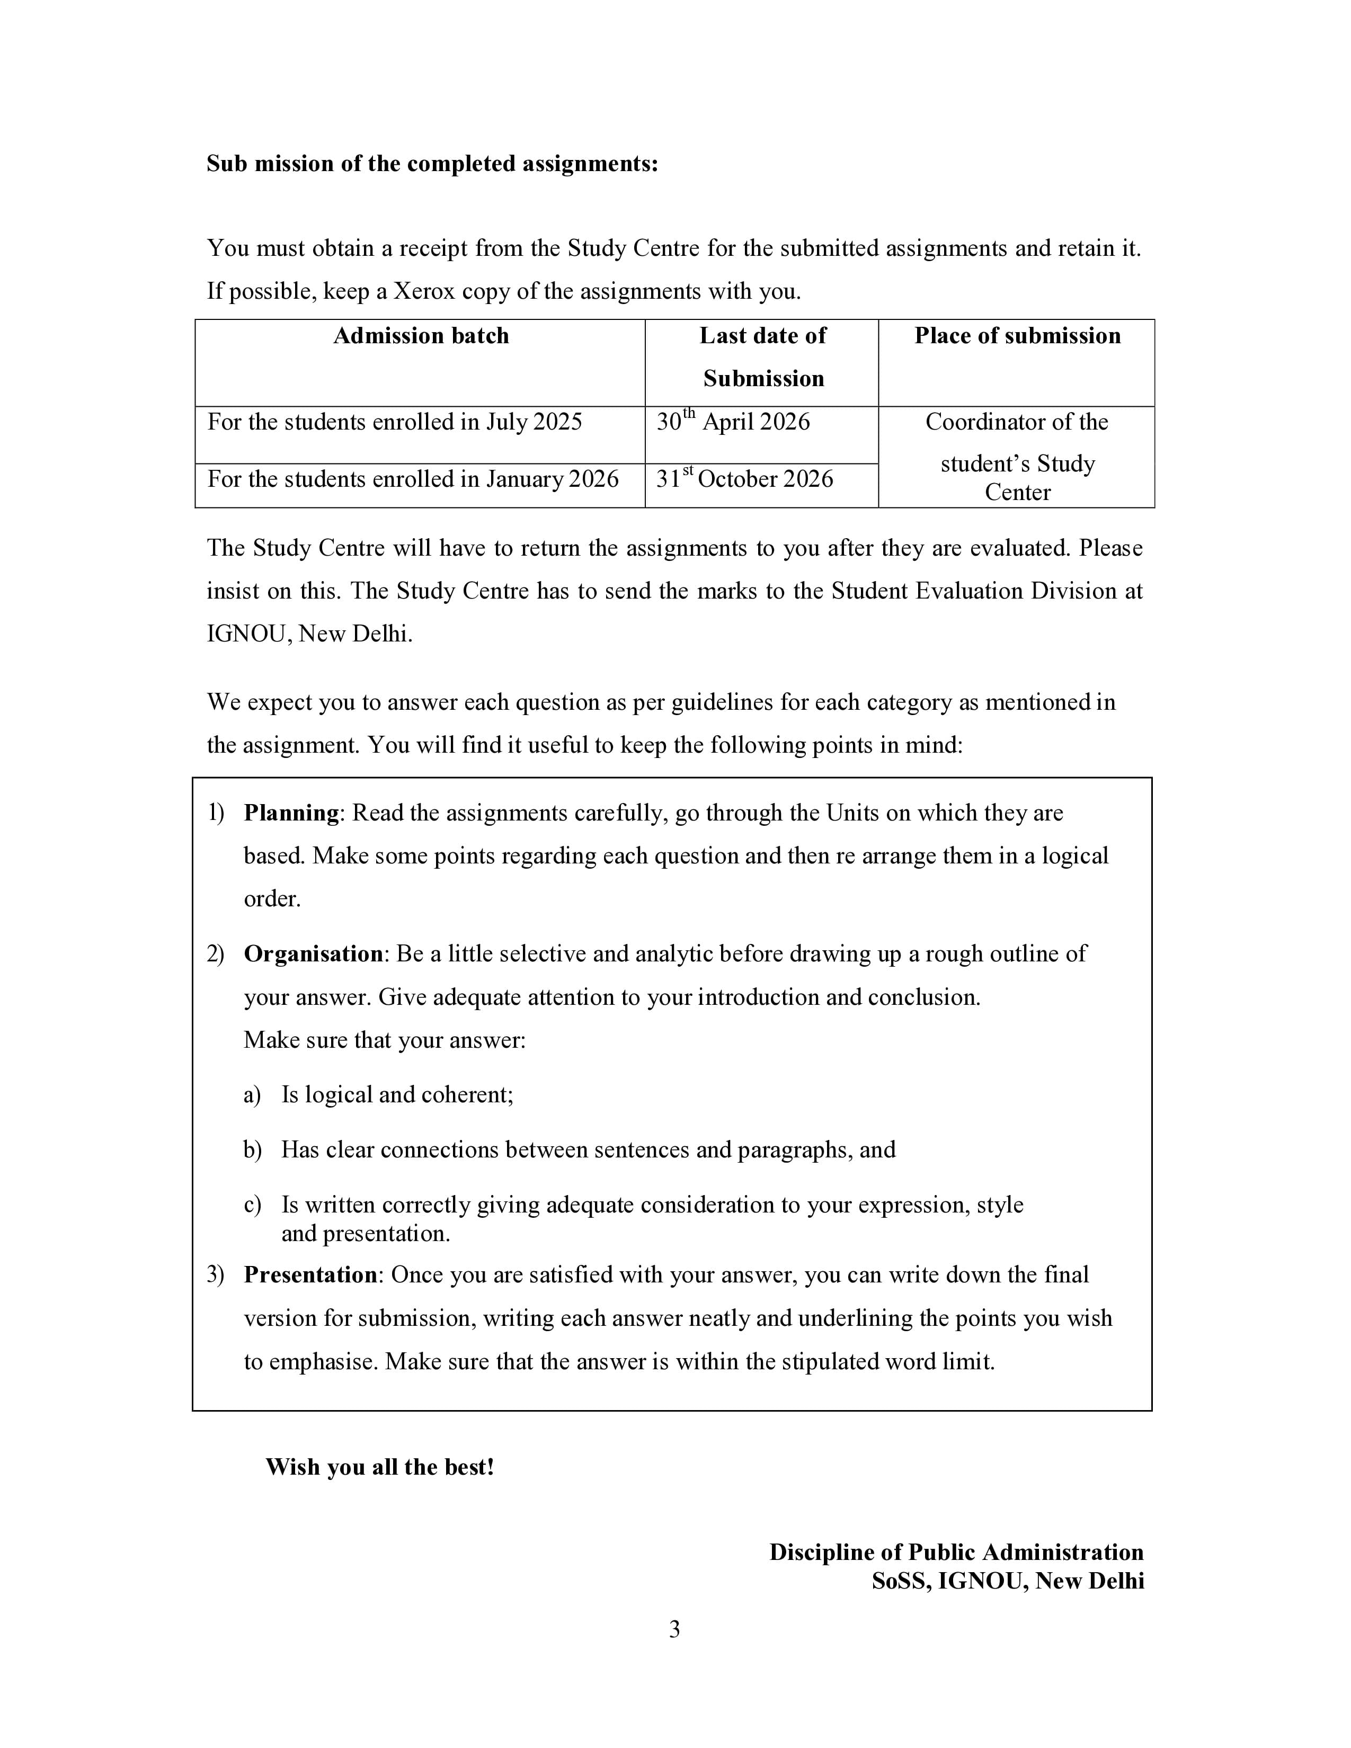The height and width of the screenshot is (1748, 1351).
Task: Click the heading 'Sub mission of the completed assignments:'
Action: (x=432, y=164)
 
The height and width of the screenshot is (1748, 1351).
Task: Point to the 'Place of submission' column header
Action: (x=1017, y=336)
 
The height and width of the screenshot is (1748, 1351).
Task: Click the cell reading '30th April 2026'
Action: (x=733, y=423)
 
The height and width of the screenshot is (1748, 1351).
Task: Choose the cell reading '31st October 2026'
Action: (x=744, y=479)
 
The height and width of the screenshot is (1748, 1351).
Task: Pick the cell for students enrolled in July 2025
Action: (x=395, y=423)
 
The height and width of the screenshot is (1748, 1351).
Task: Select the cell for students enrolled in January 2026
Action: (x=413, y=479)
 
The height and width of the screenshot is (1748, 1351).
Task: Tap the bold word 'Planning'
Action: (x=291, y=813)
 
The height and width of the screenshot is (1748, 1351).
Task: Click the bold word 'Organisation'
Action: (x=313, y=954)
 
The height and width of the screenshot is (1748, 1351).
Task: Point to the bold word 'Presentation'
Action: (x=310, y=1275)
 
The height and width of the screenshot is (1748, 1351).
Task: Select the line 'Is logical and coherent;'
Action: (x=397, y=1095)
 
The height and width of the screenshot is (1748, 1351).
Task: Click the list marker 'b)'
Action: (x=252, y=1150)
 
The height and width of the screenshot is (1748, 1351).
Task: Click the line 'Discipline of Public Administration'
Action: (x=956, y=1553)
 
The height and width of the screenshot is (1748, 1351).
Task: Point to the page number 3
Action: (x=674, y=1629)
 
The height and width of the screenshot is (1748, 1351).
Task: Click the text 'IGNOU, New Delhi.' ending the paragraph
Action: (x=310, y=635)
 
